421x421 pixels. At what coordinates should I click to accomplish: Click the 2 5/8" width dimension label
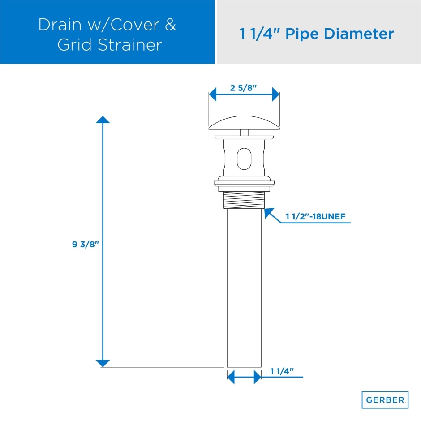point(244,88)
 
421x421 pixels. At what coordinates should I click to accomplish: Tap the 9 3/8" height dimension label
point(85,245)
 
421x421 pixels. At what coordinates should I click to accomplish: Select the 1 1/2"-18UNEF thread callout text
point(315,217)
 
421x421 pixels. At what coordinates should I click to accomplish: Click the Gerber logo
point(385,400)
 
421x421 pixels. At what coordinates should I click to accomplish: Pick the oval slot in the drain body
point(244,159)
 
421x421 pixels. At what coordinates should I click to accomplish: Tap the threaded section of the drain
point(244,198)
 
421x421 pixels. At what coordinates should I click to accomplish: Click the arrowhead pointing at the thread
point(269,213)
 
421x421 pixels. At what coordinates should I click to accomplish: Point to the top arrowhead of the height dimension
point(103,120)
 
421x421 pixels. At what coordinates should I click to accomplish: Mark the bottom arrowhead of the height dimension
point(103,363)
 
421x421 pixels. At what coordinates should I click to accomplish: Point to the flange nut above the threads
point(244,183)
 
